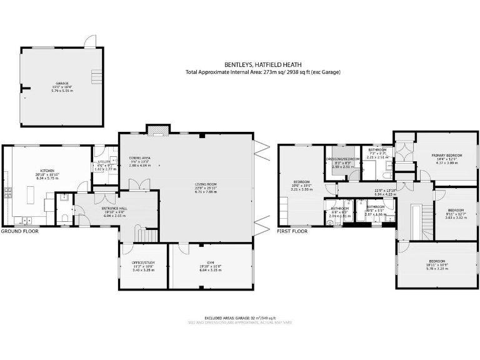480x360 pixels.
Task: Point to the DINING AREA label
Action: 139,157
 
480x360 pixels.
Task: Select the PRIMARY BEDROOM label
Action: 446,154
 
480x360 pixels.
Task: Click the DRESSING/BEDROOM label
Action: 342,159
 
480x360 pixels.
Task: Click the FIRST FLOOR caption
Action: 292,231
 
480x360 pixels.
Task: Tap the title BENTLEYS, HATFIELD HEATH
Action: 262,64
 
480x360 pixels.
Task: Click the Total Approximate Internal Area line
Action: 262,72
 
